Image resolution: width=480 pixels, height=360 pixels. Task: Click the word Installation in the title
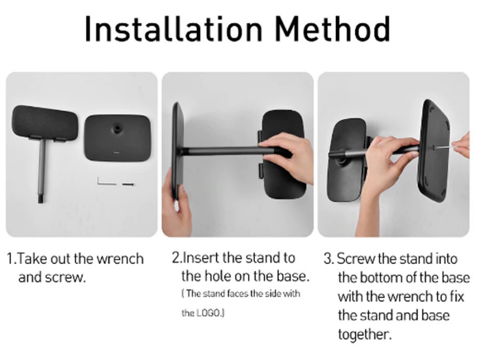173,28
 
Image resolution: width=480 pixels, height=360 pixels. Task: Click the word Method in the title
332,28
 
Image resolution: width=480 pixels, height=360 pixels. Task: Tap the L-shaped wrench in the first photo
106,181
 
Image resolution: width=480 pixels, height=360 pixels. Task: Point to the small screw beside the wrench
128,184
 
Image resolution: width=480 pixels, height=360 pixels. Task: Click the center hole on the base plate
116,127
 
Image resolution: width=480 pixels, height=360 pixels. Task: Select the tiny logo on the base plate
116,152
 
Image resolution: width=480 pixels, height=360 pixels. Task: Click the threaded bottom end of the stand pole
41,197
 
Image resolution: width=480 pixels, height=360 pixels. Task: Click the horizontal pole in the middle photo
223,151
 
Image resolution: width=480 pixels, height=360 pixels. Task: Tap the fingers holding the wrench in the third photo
461,145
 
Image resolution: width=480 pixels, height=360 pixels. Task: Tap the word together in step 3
365,334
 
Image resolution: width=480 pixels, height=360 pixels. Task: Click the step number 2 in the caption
176,258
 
